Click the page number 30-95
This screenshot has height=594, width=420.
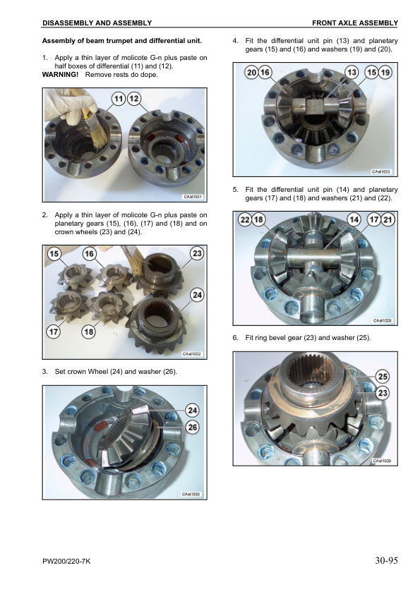386,560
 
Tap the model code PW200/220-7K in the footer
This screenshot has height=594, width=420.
66,561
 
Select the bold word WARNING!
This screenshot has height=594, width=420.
60,75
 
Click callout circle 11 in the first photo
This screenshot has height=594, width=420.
119,99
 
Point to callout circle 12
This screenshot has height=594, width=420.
134,99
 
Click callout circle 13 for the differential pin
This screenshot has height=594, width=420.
352,72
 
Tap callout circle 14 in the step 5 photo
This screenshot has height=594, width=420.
354,219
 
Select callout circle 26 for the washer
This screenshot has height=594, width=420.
193,428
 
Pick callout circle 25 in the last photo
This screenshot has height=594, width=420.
383,376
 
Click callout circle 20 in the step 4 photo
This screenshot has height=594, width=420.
252,72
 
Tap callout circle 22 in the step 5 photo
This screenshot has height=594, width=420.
245,219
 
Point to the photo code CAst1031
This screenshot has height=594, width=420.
193,197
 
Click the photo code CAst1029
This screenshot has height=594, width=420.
382,461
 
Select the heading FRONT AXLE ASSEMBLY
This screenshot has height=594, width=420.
355,23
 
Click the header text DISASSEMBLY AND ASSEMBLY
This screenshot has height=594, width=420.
97,23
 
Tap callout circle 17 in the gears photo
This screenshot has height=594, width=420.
54,332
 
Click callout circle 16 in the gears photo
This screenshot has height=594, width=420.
89,253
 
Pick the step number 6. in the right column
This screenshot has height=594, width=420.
235,337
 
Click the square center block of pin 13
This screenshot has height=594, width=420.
315,106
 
